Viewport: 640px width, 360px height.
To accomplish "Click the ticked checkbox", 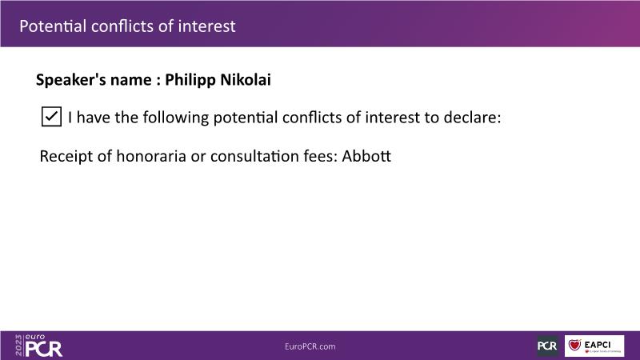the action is pos(51,117).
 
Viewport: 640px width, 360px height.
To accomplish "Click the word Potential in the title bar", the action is pos(53,26).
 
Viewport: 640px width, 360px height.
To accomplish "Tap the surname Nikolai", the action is pos(246,79).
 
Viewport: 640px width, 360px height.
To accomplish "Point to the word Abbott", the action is pos(366,156).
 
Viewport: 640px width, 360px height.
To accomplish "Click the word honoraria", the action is pos(151,156).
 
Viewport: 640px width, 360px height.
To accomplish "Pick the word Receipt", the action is pos(66,157).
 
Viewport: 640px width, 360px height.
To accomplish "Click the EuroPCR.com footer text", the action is pos(310,346).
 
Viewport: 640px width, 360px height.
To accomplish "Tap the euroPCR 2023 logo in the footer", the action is pos(38,346).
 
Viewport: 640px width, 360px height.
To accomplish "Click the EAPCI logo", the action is pos(594,346).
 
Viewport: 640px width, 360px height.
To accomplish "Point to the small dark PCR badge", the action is pos(547,346).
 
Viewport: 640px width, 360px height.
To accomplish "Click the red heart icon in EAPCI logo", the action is pos(574,345).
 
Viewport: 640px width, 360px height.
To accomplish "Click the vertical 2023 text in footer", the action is pos(18,346).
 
